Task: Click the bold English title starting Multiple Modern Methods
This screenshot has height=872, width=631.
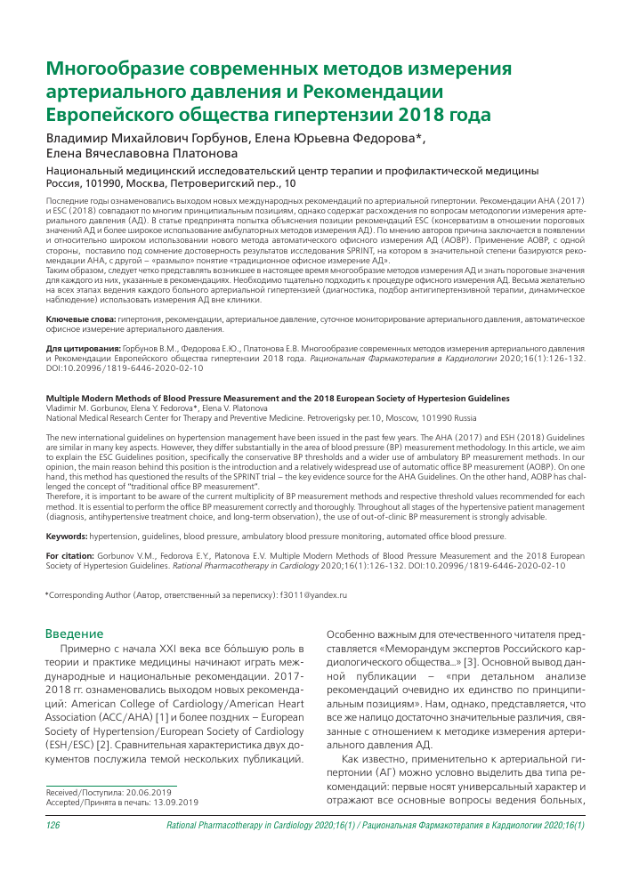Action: (x=265, y=399)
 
